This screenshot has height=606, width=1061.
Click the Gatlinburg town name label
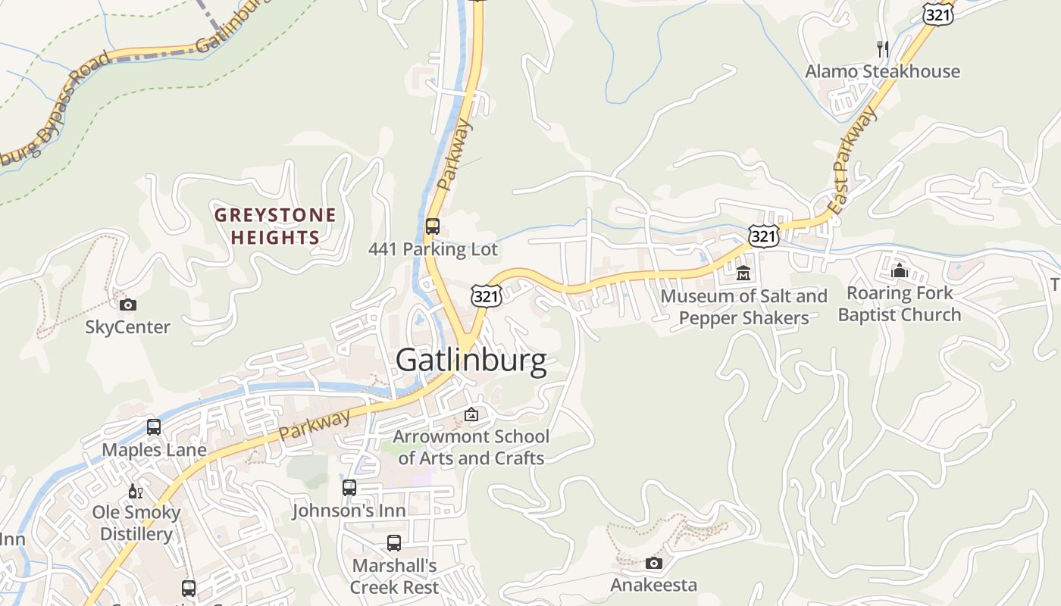tap(471, 360)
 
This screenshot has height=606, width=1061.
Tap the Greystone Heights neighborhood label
tap(275, 226)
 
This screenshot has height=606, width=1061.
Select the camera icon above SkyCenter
tap(128, 305)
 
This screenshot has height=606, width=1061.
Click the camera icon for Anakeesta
tap(653, 563)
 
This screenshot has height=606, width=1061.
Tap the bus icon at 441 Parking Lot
tap(432, 226)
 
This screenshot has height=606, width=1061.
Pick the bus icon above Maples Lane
tap(154, 427)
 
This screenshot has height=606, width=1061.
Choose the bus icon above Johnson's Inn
tap(349, 488)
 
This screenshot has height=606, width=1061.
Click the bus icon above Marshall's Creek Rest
tap(394, 543)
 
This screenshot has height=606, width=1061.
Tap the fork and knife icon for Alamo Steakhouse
tap(882, 49)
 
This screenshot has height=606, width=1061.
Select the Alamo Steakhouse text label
tap(882, 72)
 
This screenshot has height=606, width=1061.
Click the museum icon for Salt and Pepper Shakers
tap(743, 273)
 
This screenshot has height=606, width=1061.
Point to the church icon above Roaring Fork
tap(900, 270)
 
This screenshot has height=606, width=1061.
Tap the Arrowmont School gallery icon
tap(471, 414)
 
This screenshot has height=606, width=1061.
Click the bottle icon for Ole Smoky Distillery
tap(136, 491)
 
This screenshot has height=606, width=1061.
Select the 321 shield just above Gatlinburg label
tap(486, 296)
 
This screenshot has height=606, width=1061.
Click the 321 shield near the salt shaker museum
tap(764, 236)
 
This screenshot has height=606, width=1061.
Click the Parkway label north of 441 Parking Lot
tap(455, 155)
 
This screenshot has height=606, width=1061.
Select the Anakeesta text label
tap(653, 586)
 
